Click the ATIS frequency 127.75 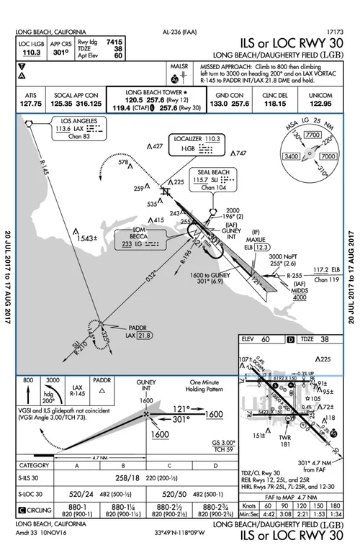30,104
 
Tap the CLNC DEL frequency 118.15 270,104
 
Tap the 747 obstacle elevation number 240,153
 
